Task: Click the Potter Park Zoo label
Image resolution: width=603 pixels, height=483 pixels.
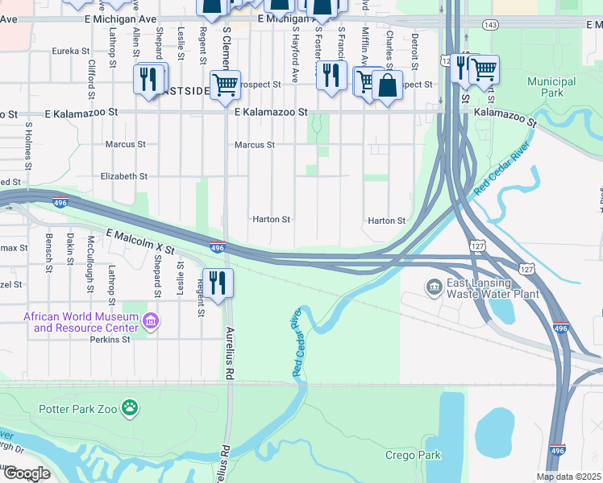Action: click(x=77, y=408)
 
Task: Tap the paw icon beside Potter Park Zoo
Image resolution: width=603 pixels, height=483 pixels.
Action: click(x=129, y=408)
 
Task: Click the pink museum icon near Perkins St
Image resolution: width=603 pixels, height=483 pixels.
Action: click(x=150, y=322)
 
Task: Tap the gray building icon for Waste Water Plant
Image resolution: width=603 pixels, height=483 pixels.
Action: click(x=434, y=287)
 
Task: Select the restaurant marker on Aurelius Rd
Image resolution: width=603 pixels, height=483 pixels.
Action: click(x=218, y=283)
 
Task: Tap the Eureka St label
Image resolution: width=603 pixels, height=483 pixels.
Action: click(x=70, y=51)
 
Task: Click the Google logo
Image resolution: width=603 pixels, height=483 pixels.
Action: click(x=27, y=473)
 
